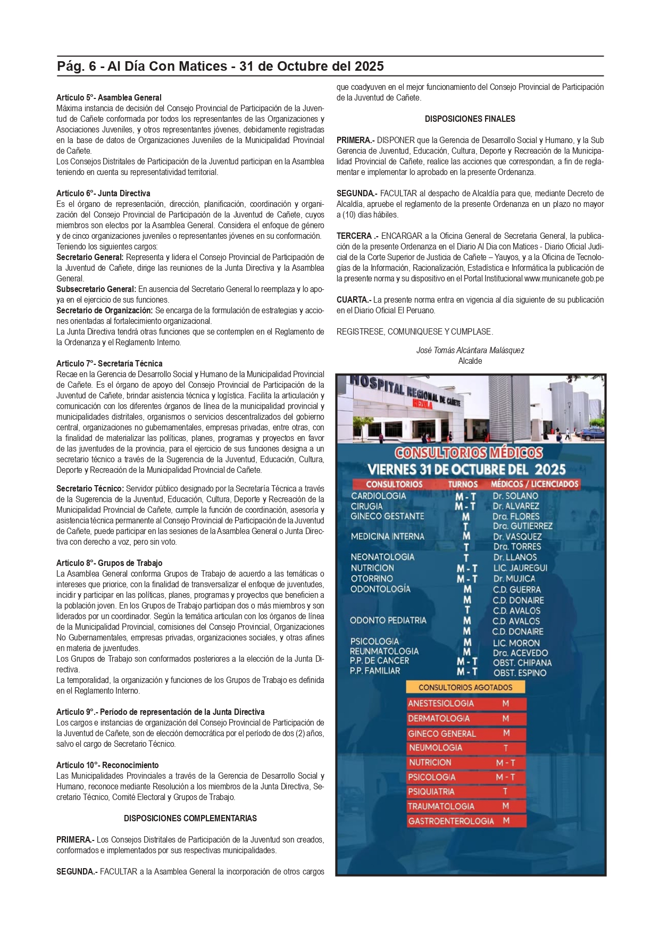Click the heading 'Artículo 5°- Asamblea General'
109,98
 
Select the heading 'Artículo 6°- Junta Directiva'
103,194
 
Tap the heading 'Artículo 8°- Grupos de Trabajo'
109,563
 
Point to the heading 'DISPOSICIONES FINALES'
470,119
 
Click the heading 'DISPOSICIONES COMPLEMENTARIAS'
190,819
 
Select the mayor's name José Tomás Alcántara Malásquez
470,351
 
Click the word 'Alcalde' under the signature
470,361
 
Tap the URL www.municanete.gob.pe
564,279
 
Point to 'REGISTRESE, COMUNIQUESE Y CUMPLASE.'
414,332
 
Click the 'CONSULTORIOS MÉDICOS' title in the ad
469,453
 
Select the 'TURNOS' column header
463,485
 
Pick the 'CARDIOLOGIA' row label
378,496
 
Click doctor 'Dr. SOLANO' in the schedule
515,496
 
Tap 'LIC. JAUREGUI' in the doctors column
520,568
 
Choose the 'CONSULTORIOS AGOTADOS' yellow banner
465,688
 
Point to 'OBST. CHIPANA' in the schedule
522,663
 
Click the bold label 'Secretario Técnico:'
90,489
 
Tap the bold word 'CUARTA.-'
354,300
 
